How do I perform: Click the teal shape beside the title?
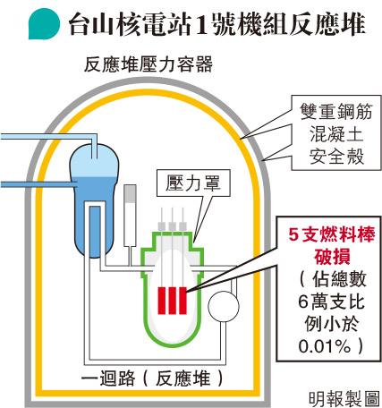[44, 24]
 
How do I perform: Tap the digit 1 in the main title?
[206, 25]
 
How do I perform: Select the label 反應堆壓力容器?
[149, 64]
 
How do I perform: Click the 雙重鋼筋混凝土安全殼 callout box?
[336, 132]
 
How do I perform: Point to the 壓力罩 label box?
[193, 183]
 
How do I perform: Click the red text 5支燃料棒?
[332, 234]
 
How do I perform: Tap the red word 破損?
[332, 256]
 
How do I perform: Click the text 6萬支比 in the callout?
[331, 302]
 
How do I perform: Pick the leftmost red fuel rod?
[161, 301]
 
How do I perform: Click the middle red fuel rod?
[172, 301]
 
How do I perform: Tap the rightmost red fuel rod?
[183, 301]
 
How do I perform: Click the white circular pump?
[224, 306]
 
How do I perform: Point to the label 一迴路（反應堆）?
[152, 379]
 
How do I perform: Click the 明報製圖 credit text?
[344, 399]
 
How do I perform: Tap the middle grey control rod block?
[172, 226]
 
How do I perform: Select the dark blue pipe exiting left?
[37, 184]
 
